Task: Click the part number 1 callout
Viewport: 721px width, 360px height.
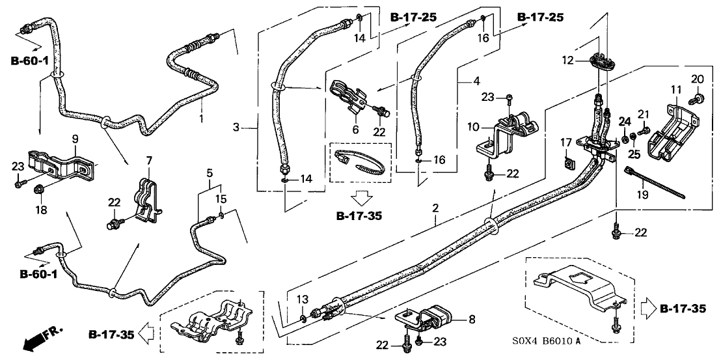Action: tap(201, 119)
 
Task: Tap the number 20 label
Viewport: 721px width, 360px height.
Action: tap(696, 79)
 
